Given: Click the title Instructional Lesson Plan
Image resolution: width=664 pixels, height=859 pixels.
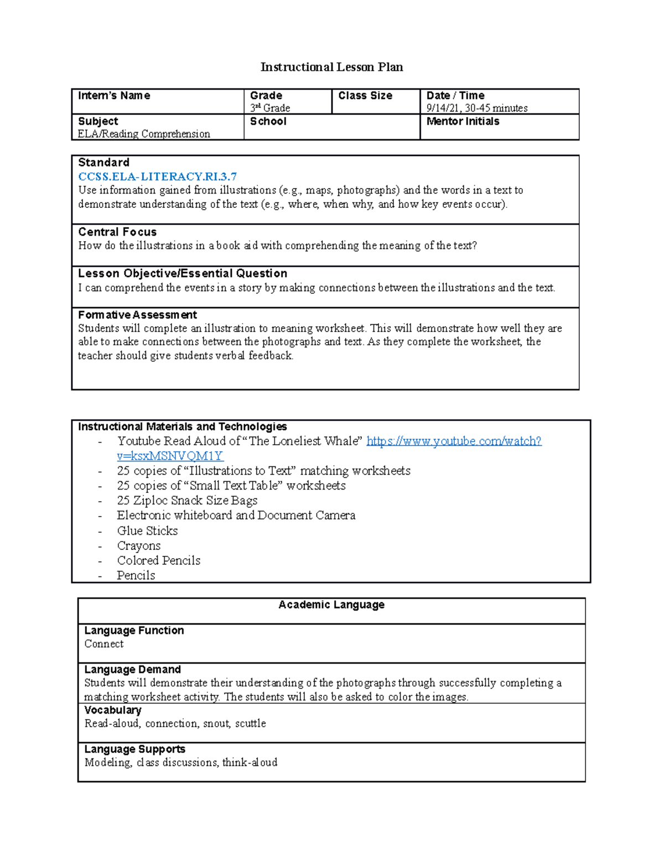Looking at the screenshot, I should (x=331, y=67).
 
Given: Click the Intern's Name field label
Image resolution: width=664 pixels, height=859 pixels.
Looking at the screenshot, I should (x=114, y=96).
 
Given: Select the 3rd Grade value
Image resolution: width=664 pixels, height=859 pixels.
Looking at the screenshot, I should (x=270, y=108).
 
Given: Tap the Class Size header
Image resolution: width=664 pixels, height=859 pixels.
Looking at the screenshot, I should (x=365, y=96).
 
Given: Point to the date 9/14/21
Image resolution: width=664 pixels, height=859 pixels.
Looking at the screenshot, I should (x=442, y=108).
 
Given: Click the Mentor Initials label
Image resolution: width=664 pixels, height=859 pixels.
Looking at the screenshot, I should (x=463, y=121).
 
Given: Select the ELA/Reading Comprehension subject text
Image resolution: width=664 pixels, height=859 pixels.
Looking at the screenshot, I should (x=144, y=134).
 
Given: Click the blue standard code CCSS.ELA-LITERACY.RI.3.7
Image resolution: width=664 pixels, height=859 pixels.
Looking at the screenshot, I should (x=157, y=176).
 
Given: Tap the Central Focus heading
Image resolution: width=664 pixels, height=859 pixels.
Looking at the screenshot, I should (x=117, y=232).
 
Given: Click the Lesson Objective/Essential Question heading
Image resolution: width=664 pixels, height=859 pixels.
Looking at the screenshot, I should (x=183, y=273).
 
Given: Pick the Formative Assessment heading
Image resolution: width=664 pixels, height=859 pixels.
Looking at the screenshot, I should (x=137, y=315).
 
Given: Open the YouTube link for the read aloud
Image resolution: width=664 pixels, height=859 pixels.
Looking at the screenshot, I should (x=454, y=441).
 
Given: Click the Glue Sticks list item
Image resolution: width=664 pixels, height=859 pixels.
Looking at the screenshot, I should (x=147, y=530).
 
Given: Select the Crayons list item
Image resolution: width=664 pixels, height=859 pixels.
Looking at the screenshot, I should (x=138, y=545).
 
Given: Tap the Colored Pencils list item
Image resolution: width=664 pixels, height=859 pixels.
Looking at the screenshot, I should (x=158, y=560).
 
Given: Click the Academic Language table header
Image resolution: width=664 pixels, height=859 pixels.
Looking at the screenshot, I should (x=331, y=605).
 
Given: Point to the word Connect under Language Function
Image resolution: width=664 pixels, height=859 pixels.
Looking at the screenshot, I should (x=104, y=644).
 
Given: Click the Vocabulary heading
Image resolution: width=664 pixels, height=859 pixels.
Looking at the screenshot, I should (x=113, y=710).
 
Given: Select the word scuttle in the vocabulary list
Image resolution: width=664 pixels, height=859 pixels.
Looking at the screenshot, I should (x=250, y=723).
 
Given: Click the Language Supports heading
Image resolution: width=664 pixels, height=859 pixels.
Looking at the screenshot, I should (x=134, y=749).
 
